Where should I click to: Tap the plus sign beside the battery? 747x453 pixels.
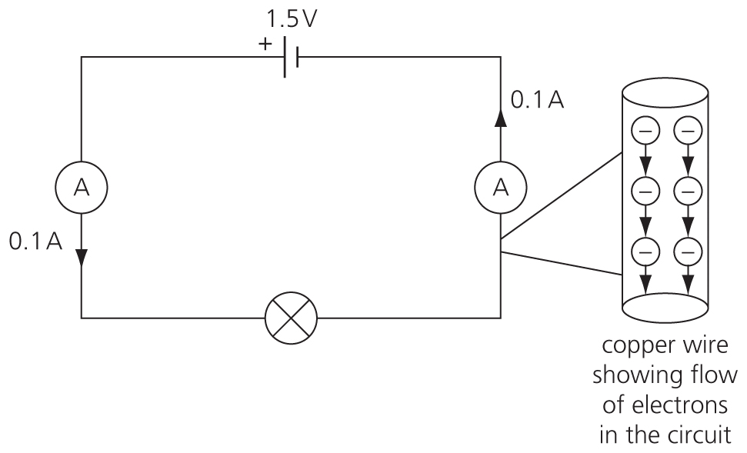tap(265, 45)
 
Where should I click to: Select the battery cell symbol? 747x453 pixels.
tap(290, 57)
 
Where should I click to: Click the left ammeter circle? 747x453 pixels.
tap(81, 187)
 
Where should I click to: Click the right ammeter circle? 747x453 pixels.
tap(501, 187)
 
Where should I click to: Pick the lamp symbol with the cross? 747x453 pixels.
tap(290, 317)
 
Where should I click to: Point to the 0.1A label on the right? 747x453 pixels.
tap(537, 101)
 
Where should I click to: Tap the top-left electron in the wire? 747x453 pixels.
tap(645, 132)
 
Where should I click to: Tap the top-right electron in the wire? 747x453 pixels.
tap(687, 132)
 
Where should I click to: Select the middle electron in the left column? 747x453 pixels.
tap(645, 190)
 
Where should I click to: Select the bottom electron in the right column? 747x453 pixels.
tap(687, 250)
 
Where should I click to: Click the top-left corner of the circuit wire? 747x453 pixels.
tap(82, 57)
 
